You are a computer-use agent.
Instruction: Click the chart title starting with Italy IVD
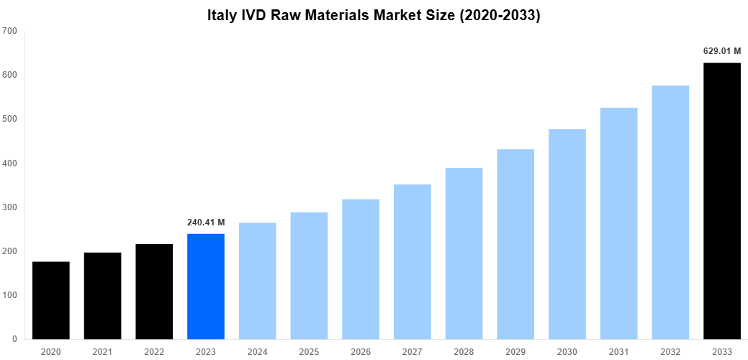coord(374,15)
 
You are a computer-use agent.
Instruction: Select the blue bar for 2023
coord(206,286)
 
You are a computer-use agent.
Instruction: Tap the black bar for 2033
coord(722,201)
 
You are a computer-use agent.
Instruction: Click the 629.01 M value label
coord(722,51)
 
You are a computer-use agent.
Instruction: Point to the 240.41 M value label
coord(206,222)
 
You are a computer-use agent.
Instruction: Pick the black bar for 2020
coord(51,300)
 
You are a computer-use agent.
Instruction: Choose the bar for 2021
coord(102,295)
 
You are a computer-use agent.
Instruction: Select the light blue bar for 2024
coord(258,281)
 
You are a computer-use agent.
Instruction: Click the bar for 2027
coord(413,261)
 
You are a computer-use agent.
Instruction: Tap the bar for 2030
coord(567,234)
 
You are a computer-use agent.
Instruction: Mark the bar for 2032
coord(670,212)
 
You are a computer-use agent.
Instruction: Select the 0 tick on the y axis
coord(14,339)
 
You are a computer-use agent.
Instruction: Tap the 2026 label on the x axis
coord(361,351)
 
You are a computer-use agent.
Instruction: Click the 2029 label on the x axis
coord(515,351)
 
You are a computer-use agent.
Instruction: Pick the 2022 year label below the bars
coord(154,351)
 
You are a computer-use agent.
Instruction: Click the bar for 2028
coord(464,253)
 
